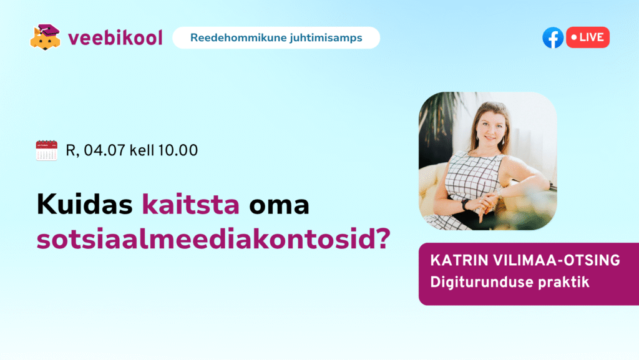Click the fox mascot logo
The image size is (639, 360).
tap(45, 37)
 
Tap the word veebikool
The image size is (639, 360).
tap(115, 38)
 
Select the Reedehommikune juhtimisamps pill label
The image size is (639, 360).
tap(276, 38)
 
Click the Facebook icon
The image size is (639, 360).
tap(553, 37)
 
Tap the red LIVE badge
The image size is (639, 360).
tap(588, 37)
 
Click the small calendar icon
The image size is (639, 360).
tap(46, 150)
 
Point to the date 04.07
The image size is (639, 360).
tap(104, 150)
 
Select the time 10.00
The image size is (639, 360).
tap(178, 150)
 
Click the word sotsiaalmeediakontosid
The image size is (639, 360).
tap(203, 239)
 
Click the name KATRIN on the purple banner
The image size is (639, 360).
tap(459, 261)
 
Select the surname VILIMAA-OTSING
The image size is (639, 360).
tap(556, 261)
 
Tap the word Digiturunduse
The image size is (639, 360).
tap(481, 283)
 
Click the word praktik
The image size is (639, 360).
tap(563, 283)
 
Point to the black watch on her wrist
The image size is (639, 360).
tap(466, 204)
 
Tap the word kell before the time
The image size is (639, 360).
tap(142, 150)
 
